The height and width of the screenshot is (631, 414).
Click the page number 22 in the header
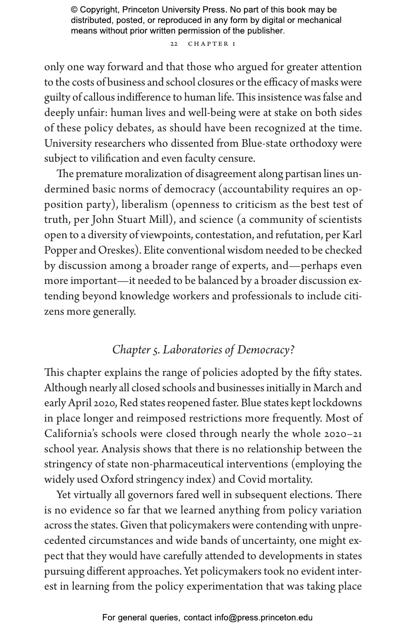(174, 44)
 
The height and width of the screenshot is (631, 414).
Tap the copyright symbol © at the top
(74, 10)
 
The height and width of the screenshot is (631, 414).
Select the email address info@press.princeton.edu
(263, 618)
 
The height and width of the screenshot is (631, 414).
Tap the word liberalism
(144, 205)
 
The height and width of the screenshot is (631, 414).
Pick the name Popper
(59, 250)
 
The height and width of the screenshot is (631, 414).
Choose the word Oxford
(117, 480)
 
